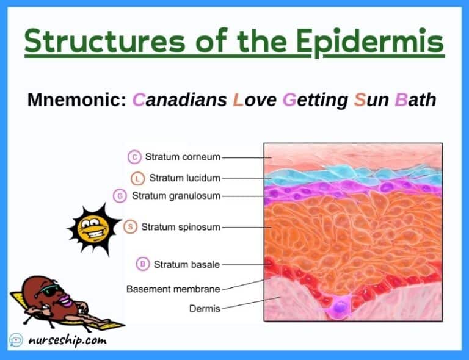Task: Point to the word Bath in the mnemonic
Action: tap(415, 99)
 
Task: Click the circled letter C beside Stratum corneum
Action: tap(134, 157)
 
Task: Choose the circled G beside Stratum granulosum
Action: tap(120, 196)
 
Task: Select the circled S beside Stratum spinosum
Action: tap(130, 227)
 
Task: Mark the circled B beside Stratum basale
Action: tap(142, 264)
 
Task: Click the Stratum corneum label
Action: tap(182, 157)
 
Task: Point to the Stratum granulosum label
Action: tap(176, 196)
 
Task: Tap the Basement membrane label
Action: tap(173, 288)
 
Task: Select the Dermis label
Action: tap(204, 308)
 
